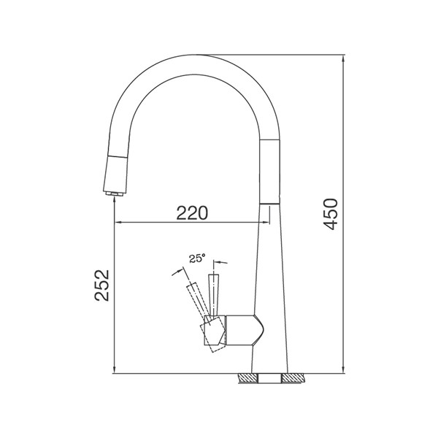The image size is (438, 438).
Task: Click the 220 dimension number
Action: (192, 213)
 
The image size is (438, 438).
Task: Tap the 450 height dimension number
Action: (331, 214)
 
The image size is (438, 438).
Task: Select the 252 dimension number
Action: (101, 285)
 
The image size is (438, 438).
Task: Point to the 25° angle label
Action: (197, 258)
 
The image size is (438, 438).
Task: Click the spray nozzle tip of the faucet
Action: (115, 194)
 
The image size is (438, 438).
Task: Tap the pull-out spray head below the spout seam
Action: (117, 173)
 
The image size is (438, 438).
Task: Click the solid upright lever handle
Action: (213, 296)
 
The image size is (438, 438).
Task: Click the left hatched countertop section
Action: (248, 378)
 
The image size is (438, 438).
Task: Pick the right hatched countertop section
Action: (293, 378)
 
